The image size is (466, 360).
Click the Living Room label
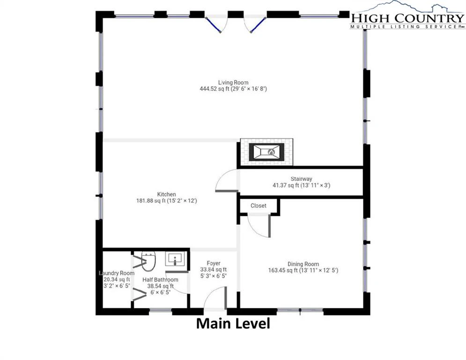coord(233,82)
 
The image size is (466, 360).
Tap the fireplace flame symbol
coord(271,152)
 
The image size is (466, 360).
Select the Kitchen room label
coord(166,194)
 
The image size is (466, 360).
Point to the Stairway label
coord(301,179)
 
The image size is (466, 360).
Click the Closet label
coord(258,206)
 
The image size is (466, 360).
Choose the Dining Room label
coord(303,264)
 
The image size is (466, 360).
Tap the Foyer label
coord(214,263)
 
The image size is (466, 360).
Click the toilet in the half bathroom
coord(148,261)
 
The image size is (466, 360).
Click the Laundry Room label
coord(117,273)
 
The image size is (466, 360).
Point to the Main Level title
coord(233,323)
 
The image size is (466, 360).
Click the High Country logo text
coord(407,18)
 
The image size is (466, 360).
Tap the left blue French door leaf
coord(214,24)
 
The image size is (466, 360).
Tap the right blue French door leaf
coord(258,24)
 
